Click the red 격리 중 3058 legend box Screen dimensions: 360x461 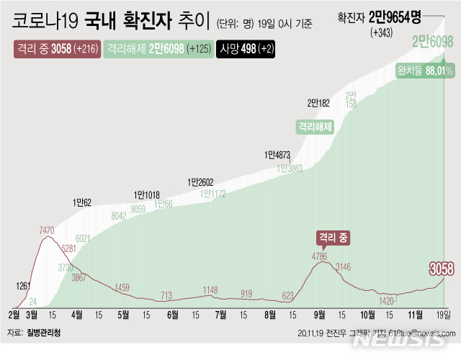[56, 50]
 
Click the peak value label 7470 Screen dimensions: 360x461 [47, 230]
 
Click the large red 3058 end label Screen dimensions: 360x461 [441, 269]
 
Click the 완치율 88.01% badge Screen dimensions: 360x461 [424, 70]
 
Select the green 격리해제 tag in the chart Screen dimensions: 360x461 [315, 126]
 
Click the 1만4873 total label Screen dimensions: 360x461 [277, 154]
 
